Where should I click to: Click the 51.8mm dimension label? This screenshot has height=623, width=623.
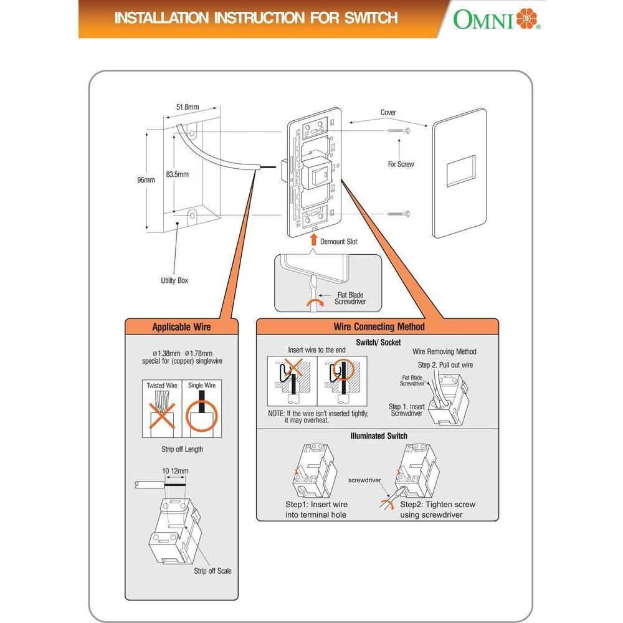coord(187,107)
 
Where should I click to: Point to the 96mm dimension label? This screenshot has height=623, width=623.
coord(146,180)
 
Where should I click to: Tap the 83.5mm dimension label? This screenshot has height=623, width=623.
coord(178,175)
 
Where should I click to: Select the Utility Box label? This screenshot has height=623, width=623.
coord(174,280)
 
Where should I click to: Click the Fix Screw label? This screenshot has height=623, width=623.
coord(401,164)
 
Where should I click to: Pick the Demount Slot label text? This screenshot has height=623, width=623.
coord(338,242)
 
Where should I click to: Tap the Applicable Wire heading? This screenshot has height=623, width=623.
coord(181,326)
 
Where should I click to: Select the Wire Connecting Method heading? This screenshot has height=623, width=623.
coord(379,326)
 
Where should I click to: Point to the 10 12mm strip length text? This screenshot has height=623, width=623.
coord(175,471)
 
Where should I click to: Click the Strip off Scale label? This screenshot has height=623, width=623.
coord(212,571)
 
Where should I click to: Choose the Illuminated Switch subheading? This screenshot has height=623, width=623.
coord(378,436)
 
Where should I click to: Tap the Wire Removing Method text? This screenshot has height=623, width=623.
coord(444,352)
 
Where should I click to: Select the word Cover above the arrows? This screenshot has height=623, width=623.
coord(388,113)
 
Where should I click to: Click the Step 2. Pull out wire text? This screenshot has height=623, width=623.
coord(445,365)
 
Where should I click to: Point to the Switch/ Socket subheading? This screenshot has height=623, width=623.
coord(378,342)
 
